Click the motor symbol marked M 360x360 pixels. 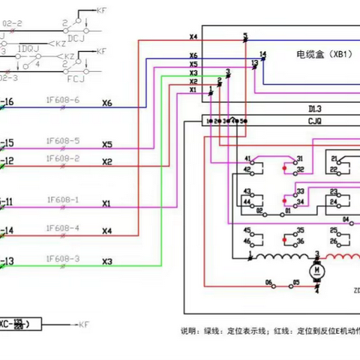pos(317,268)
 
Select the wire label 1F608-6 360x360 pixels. pos(62,99)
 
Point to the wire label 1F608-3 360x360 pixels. pos(62,258)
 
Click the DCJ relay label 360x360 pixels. pos(76,35)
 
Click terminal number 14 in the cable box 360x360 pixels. pos(262,54)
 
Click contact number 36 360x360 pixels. pos(300,241)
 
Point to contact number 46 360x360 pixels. pos(246,241)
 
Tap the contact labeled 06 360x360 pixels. pos(268,283)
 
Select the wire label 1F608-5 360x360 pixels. pos(62,139)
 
